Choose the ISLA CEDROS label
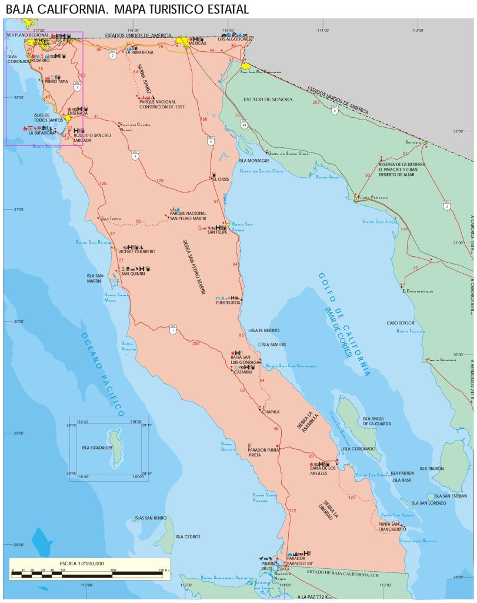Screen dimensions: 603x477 tap(188, 537)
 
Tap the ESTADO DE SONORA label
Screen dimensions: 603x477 tap(268, 100)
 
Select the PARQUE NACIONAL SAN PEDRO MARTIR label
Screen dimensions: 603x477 tap(188, 215)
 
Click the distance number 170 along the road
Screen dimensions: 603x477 tap(159, 180)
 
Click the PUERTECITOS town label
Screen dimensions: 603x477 tap(228, 303)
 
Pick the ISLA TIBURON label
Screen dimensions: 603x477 tap(432, 469)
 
